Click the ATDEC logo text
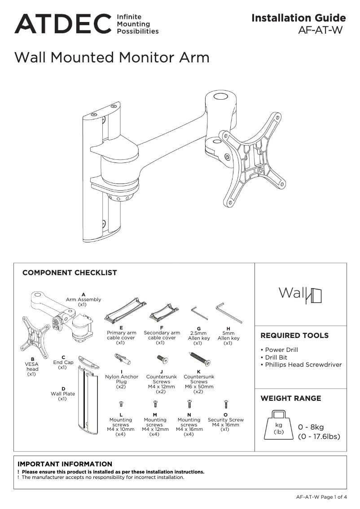click(63, 24)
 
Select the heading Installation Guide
click(299, 18)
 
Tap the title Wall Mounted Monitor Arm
click(112, 57)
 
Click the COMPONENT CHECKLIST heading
click(70, 272)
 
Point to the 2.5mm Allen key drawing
click(199, 313)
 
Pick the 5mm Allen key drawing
click(228, 312)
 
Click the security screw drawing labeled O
click(226, 405)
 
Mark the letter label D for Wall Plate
click(63, 389)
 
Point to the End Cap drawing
click(88, 362)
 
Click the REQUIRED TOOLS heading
click(294, 335)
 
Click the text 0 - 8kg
click(311, 427)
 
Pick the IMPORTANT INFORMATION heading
click(65, 464)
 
